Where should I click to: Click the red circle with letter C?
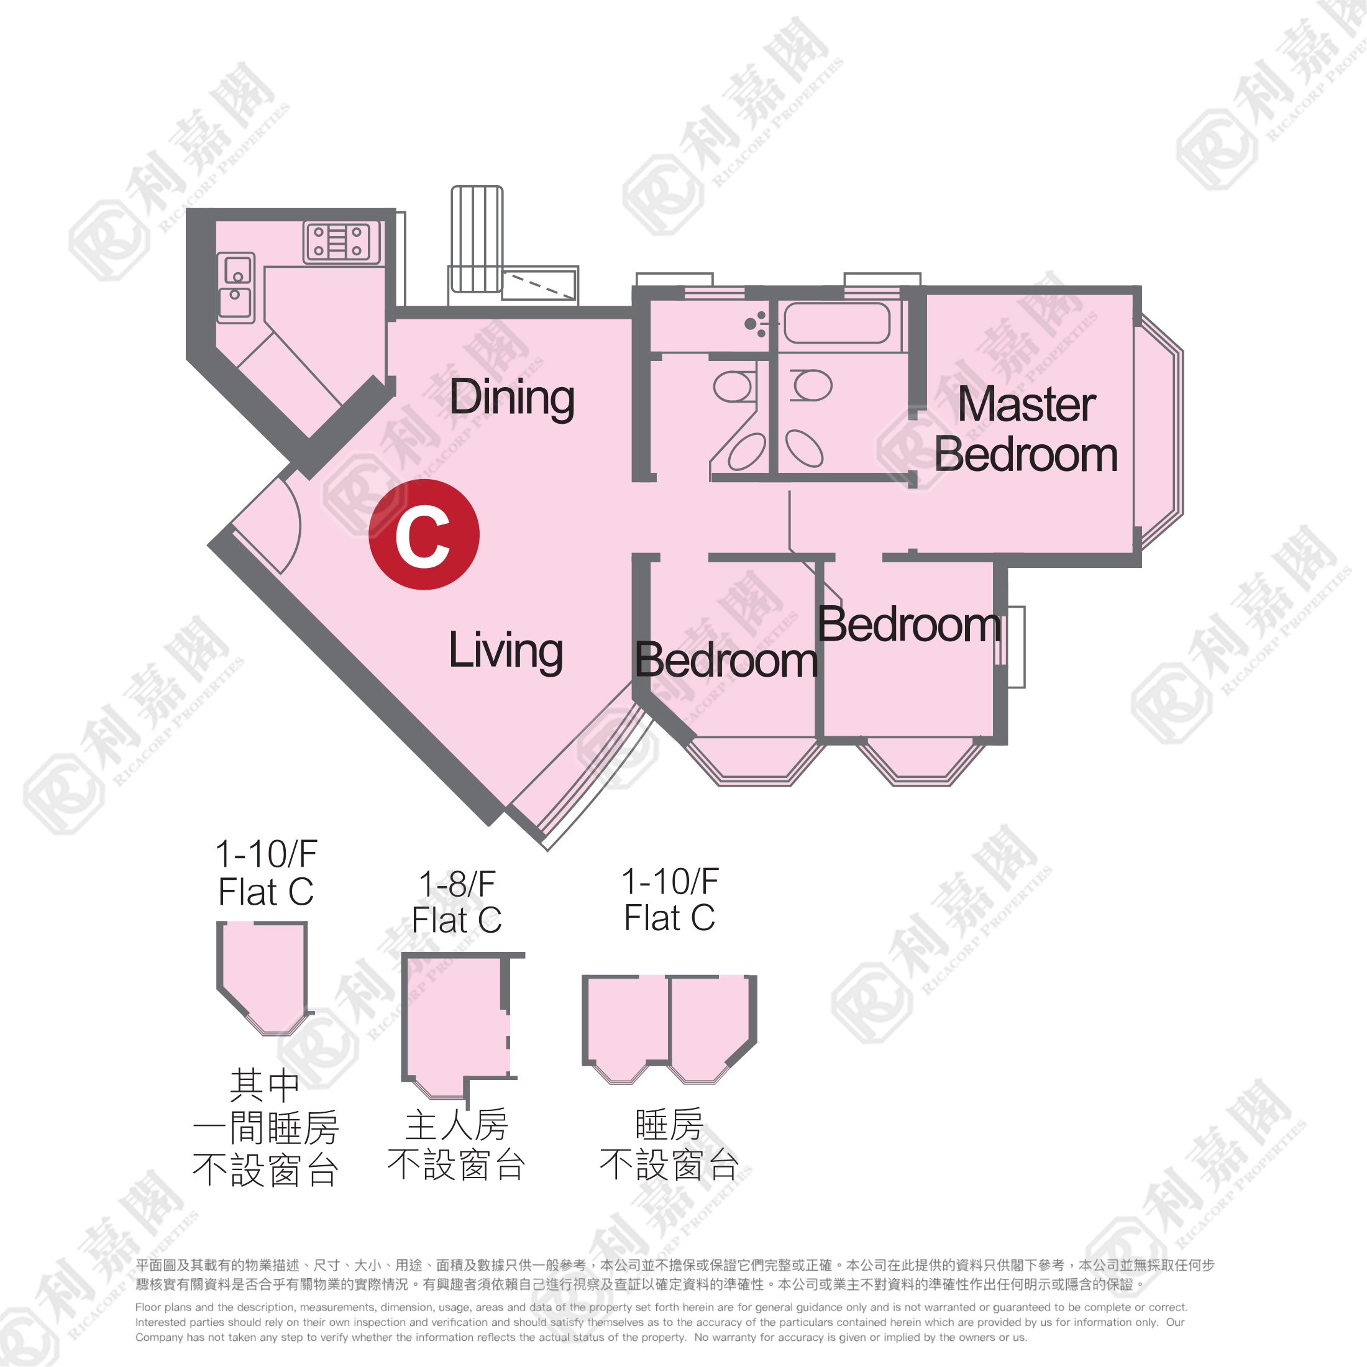tap(424, 534)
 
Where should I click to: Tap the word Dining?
tap(511, 398)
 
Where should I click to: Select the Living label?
tap(506, 651)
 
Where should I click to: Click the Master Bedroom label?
tap(1026, 429)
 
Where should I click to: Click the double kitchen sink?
tap(235, 288)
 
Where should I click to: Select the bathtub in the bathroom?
tap(836, 323)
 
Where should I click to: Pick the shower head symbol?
tap(755, 323)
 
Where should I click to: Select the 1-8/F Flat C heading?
tap(457, 902)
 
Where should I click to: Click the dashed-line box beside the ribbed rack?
tap(539, 285)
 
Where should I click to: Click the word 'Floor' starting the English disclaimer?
tap(148, 1307)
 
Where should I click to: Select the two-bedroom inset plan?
tap(669, 1029)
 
